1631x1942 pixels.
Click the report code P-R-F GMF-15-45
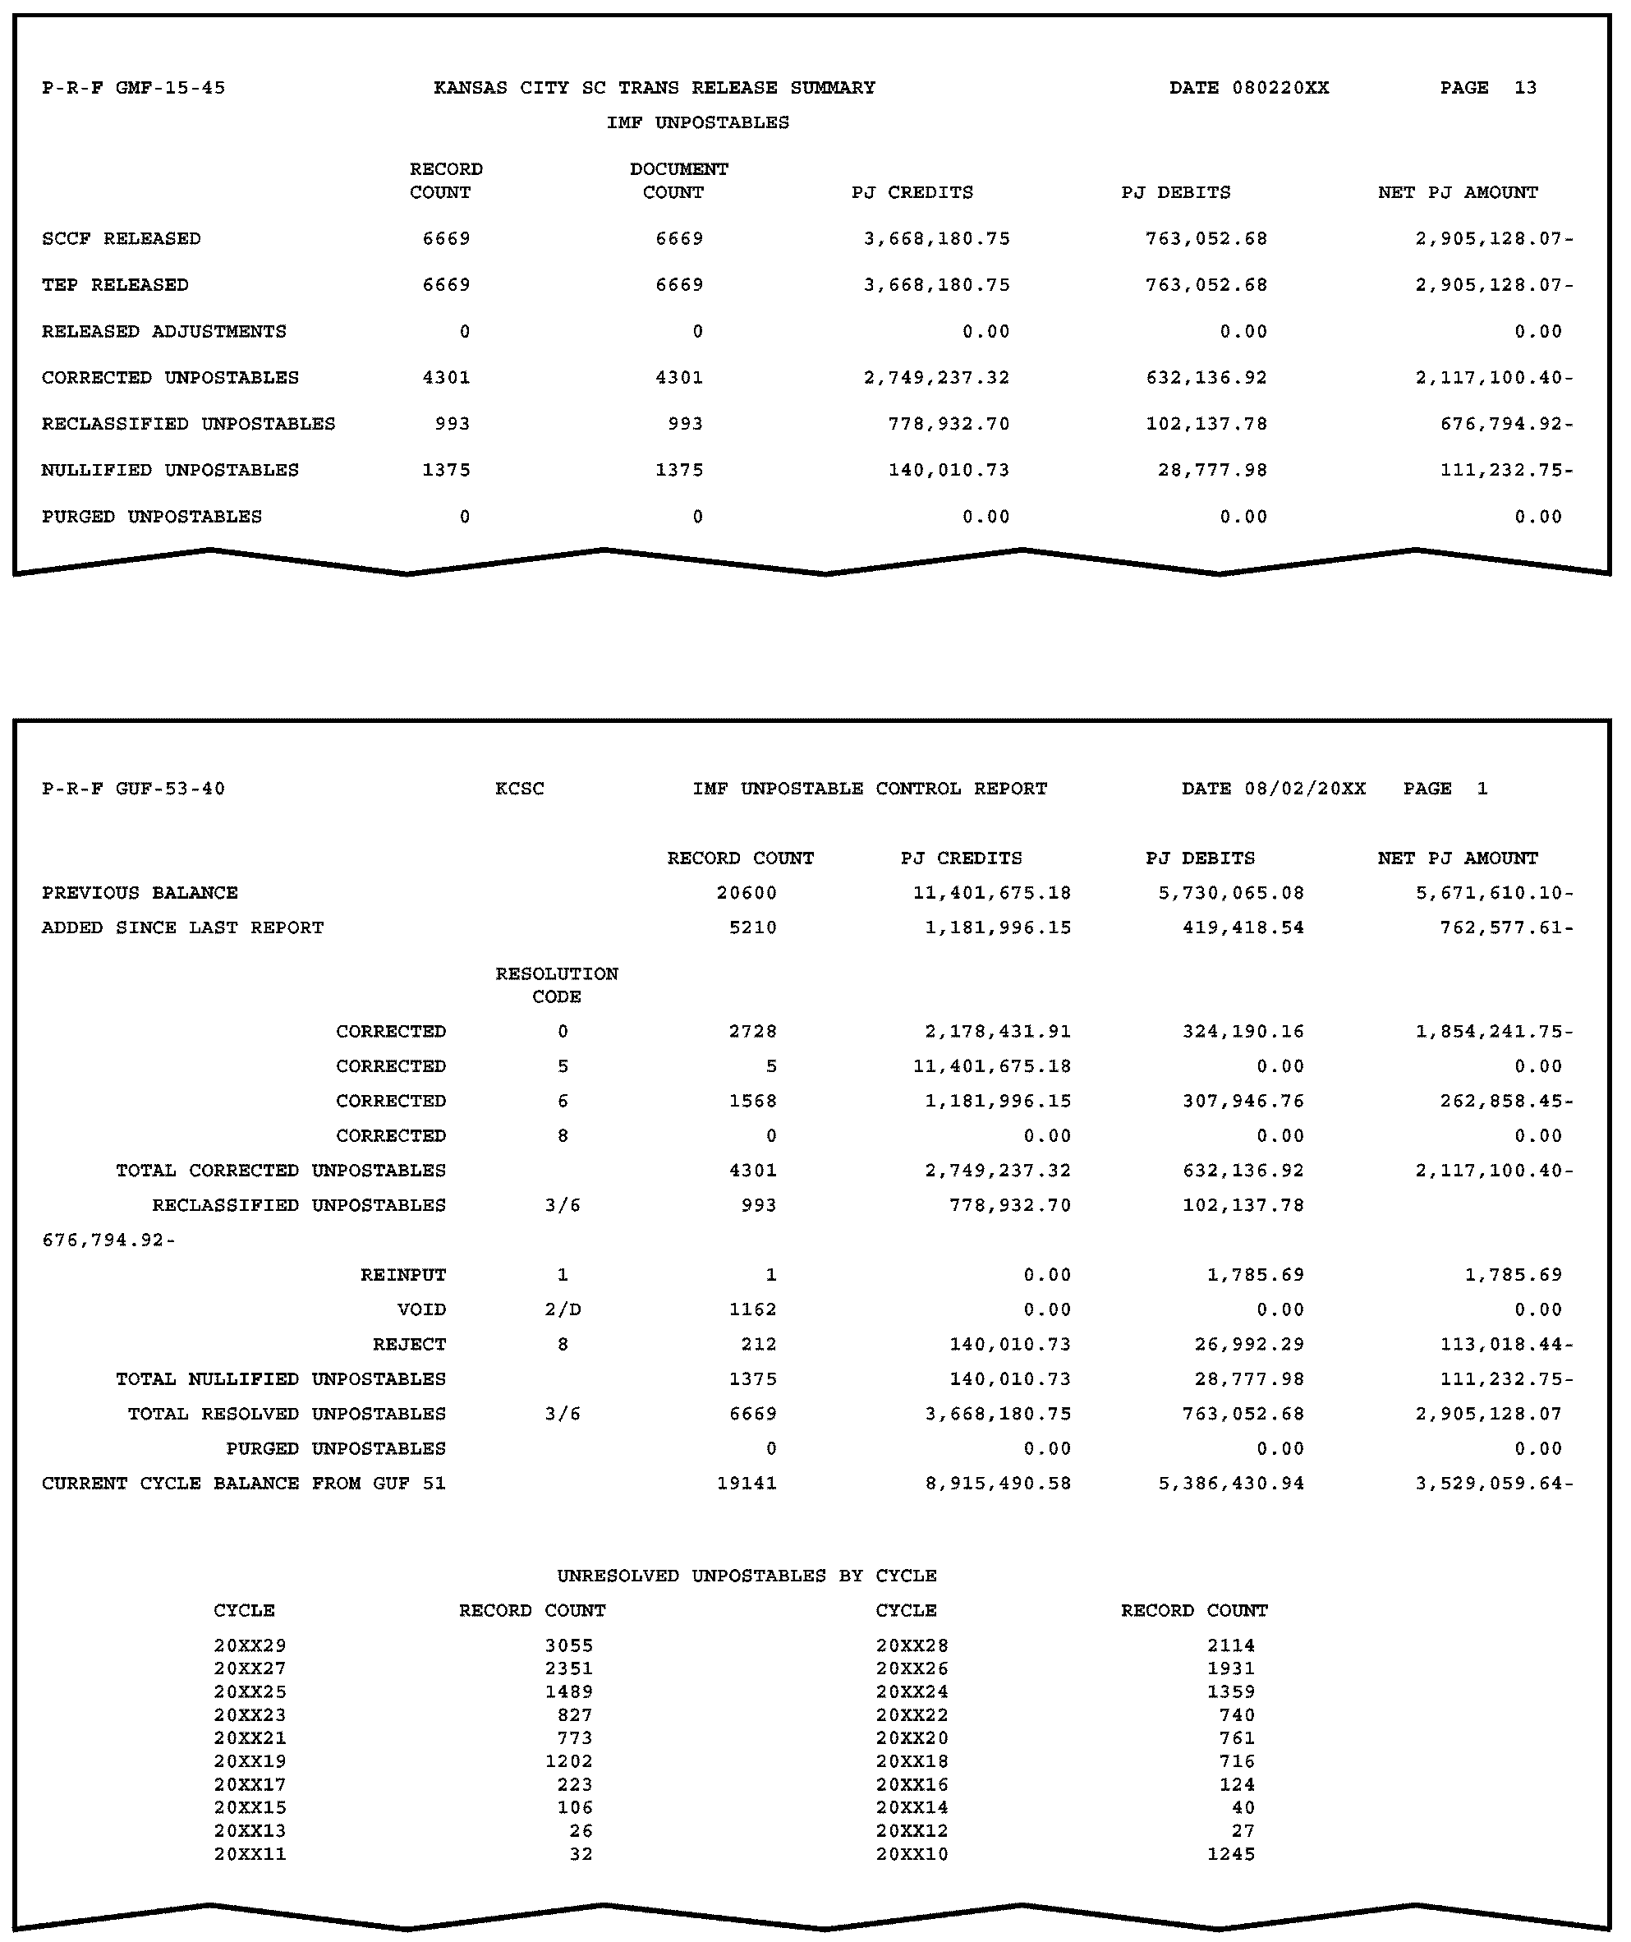pyautogui.click(x=133, y=88)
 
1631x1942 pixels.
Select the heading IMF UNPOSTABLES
pyautogui.click(x=697, y=122)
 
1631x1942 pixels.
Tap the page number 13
pyautogui.click(x=1525, y=88)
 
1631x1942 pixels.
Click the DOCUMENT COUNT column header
pyautogui.click(x=678, y=181)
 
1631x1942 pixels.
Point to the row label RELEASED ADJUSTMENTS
pyautogui.click(x=163, y=331)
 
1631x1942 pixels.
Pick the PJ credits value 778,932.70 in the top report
pyautogui.click(x=949, y=424)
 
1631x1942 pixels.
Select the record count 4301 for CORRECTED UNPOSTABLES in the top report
pyautogui.click(x=446, y=377)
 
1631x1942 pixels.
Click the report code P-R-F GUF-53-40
pyautogui.click(x=133, y=789)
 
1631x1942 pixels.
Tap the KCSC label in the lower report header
pyautogui.click(x=519, y=789)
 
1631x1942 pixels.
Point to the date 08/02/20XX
pyautogui.click(x=1303, y=789)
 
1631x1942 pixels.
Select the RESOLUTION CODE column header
pyautogui.click(x=557, y=985)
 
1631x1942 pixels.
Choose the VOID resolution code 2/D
pyautogui.click(x=563, y=1309)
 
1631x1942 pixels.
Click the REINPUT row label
pyautogui.click(x=403, y=1274)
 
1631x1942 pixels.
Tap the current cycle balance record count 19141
pyautogui.click(x=747, y=1484)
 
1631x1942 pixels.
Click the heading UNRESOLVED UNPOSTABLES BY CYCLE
pyautogui.click(x=747, y=1576)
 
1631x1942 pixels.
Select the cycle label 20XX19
pyautogui.click(x=250, y=1760)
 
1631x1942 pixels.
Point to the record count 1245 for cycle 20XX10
pyautogui.click(x=1231, y=1853)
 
